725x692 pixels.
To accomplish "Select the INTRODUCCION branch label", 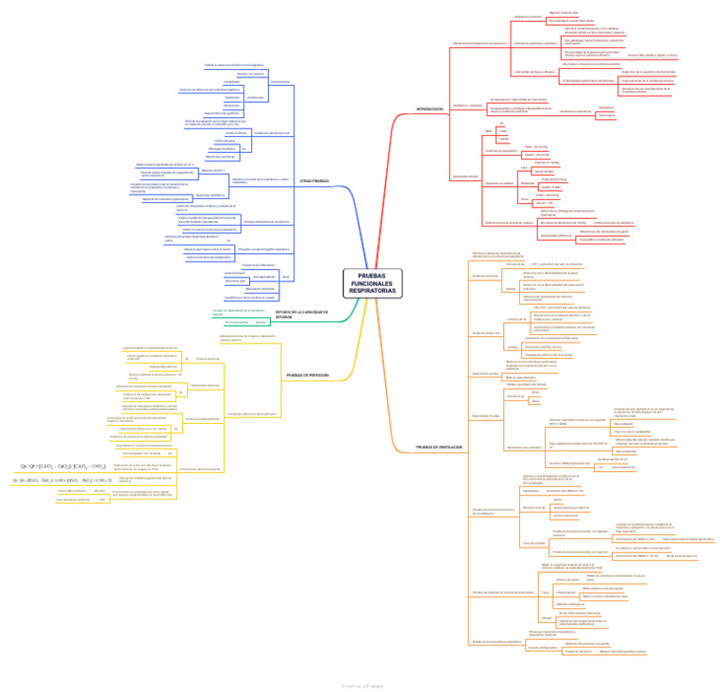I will coord(430,110).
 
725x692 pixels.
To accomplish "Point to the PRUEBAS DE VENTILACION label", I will coord(439,447).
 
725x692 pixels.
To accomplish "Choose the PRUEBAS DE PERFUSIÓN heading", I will coord(307,375).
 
